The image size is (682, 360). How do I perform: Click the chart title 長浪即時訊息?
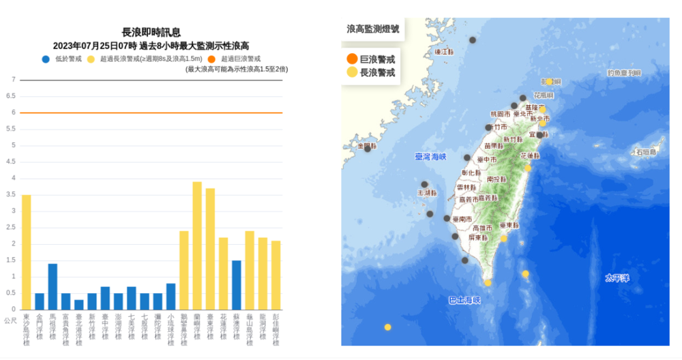point(151,32)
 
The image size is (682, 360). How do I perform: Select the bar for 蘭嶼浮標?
point(197,245)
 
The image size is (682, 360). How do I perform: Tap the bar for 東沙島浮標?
point(27,252)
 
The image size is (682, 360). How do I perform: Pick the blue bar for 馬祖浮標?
point(53,286)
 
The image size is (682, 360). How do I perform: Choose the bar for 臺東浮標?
point(210,249)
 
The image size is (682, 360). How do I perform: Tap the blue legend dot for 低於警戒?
point(46,59)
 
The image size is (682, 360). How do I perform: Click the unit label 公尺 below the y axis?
point(10,320)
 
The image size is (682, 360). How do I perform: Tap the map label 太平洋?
point(617,278)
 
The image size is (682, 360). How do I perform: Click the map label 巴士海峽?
point(464,300)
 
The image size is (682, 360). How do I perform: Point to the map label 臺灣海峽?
point(430,157)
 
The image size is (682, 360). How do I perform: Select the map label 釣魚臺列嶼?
point(625,72)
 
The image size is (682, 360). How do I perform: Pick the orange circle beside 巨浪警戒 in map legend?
point(352,59)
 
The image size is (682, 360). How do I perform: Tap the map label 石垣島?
point(648,151)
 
